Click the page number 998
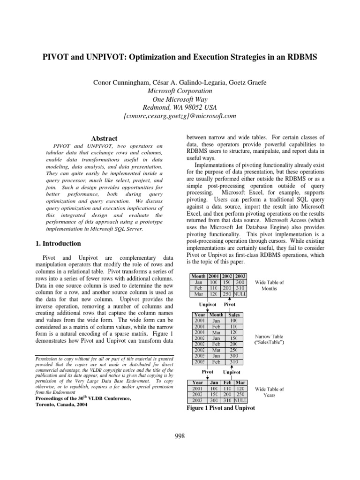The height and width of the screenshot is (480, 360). pos(180,436)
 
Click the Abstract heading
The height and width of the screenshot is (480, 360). pos(104,139)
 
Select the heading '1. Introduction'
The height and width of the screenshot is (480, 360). pos(59,243)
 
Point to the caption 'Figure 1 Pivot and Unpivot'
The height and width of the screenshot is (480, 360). pos(221,409)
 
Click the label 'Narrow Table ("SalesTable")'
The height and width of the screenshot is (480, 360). pos(269,340)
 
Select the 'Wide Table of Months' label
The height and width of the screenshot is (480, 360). pos(269,285)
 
